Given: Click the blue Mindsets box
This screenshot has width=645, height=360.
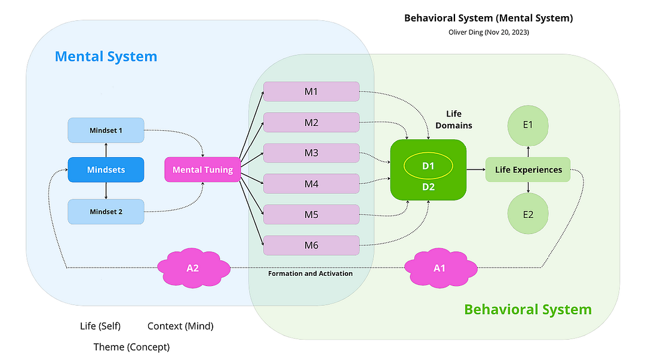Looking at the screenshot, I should pos(106,170).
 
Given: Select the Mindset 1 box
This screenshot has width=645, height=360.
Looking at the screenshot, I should pos(106,130).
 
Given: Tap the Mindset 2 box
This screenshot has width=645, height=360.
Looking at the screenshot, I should pos(106,211).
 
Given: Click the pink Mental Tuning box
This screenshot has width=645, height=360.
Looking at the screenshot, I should pos(202,170).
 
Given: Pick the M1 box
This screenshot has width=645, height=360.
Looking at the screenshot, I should pos(311,91).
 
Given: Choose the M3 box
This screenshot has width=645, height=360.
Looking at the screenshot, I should pos(311,153).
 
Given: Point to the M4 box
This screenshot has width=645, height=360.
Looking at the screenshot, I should pos(311,184).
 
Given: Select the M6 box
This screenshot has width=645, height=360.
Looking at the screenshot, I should pos(311,245).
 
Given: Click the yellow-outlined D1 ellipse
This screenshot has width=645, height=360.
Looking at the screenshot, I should pos(428,166).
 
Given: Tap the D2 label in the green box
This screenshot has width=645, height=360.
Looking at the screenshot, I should pos(428,187).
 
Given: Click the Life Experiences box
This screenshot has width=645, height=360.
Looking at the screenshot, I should pos(528,170).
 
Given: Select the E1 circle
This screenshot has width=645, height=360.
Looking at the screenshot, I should pos(528,125).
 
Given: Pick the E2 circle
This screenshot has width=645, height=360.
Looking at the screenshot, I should pos(528,214).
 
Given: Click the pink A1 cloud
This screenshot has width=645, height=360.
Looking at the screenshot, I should pos(440,268).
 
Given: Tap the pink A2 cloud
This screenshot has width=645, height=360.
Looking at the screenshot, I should pos(192,268).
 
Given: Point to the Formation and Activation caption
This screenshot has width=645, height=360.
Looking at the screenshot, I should pos(311,273).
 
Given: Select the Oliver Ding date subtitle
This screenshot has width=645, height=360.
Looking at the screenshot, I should pos(489,32).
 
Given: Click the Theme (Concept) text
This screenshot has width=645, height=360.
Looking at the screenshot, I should pos(131,347).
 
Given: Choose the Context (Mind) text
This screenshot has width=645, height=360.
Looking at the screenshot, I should pos(180,326).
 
